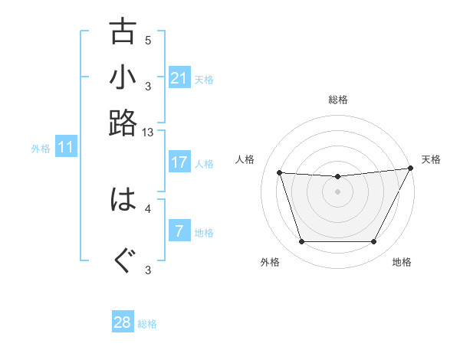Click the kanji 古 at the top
pos(123,32)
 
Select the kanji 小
pos(123,77)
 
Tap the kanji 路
pos(123,123)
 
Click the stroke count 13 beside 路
pos(148,133)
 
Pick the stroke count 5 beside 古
pos(148,41)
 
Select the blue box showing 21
pos(179,78)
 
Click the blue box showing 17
pos(179,162)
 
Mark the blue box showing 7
pos(179,231)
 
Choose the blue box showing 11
pos(65,147)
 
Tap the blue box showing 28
pos(123,322)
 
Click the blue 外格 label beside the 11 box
pos(41,149)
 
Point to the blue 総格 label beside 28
pos(147,324)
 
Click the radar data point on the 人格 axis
pos(280,173)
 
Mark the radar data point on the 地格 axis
pos(373,242)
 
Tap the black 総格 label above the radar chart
pos(337,100)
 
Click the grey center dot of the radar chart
pos(337,191)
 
